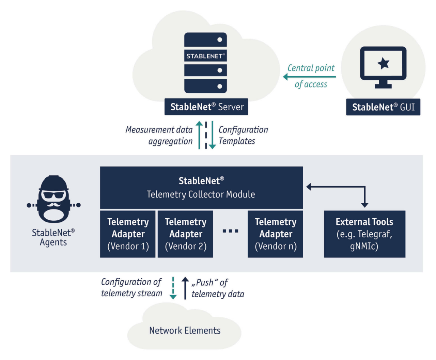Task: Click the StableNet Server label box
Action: (207, 107)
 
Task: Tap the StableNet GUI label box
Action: (383, 107)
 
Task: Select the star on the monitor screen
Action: (383, 63)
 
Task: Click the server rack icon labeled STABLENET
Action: (205, 63)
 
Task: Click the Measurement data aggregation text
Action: (159, 135)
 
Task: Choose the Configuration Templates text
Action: (243, 135)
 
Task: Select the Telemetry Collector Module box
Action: (201, 187)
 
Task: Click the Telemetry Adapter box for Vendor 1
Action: (128, 234)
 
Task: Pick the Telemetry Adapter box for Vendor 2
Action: (186, 234)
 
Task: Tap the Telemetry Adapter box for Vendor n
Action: (276, 234)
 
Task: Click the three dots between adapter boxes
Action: (231, 231)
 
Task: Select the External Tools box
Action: (364, 234)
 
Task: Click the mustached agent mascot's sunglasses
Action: (53, 197)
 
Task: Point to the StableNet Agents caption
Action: (53, 237)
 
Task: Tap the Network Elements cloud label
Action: (185, 330)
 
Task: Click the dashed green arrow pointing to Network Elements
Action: (173, 288)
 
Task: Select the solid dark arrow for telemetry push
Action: (185, 288)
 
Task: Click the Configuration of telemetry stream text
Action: (131, 287)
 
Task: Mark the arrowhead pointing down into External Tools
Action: (364, 205)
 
